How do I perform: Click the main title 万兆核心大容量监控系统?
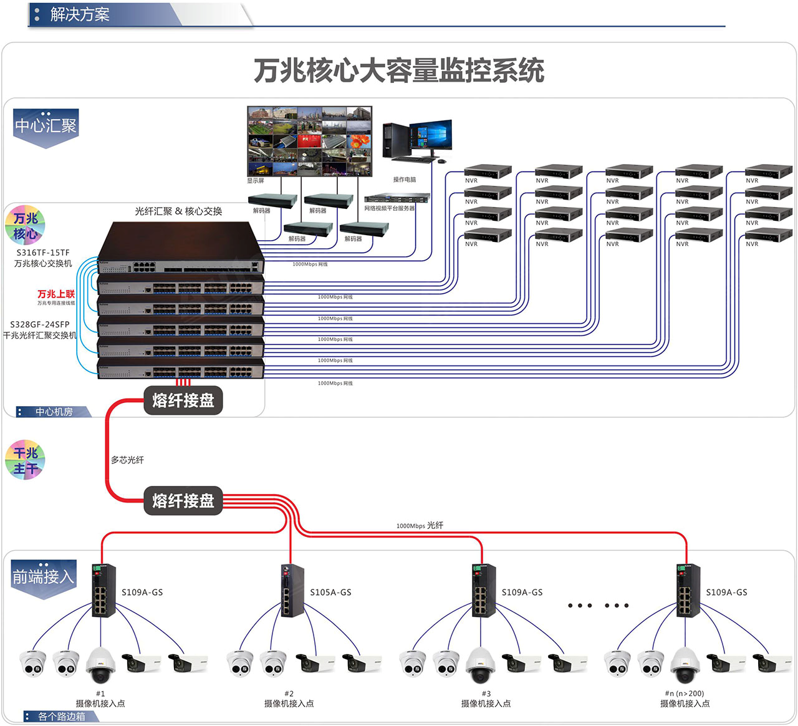[399, 70]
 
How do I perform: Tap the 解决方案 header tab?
[80, 14]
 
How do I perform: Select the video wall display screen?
[309, 141]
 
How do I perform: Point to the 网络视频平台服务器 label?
[390, 208]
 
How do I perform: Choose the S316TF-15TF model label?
[43, 253]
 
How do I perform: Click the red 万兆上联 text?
[56, 294]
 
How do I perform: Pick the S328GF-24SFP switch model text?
[40, 324]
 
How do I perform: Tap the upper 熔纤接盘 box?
[183, 400]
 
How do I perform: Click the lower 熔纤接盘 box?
[183, 501]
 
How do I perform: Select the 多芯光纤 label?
[127, 460]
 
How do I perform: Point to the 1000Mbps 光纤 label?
[420, 526]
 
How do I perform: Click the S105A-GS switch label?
[330, 593]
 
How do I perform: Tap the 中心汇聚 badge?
[46, 127]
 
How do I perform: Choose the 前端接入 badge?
[44, 578]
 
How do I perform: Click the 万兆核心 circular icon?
[26, 226]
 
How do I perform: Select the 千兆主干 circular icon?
[26, 460]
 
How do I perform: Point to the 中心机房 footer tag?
[54, 412]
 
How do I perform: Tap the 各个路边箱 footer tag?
[61, 717]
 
